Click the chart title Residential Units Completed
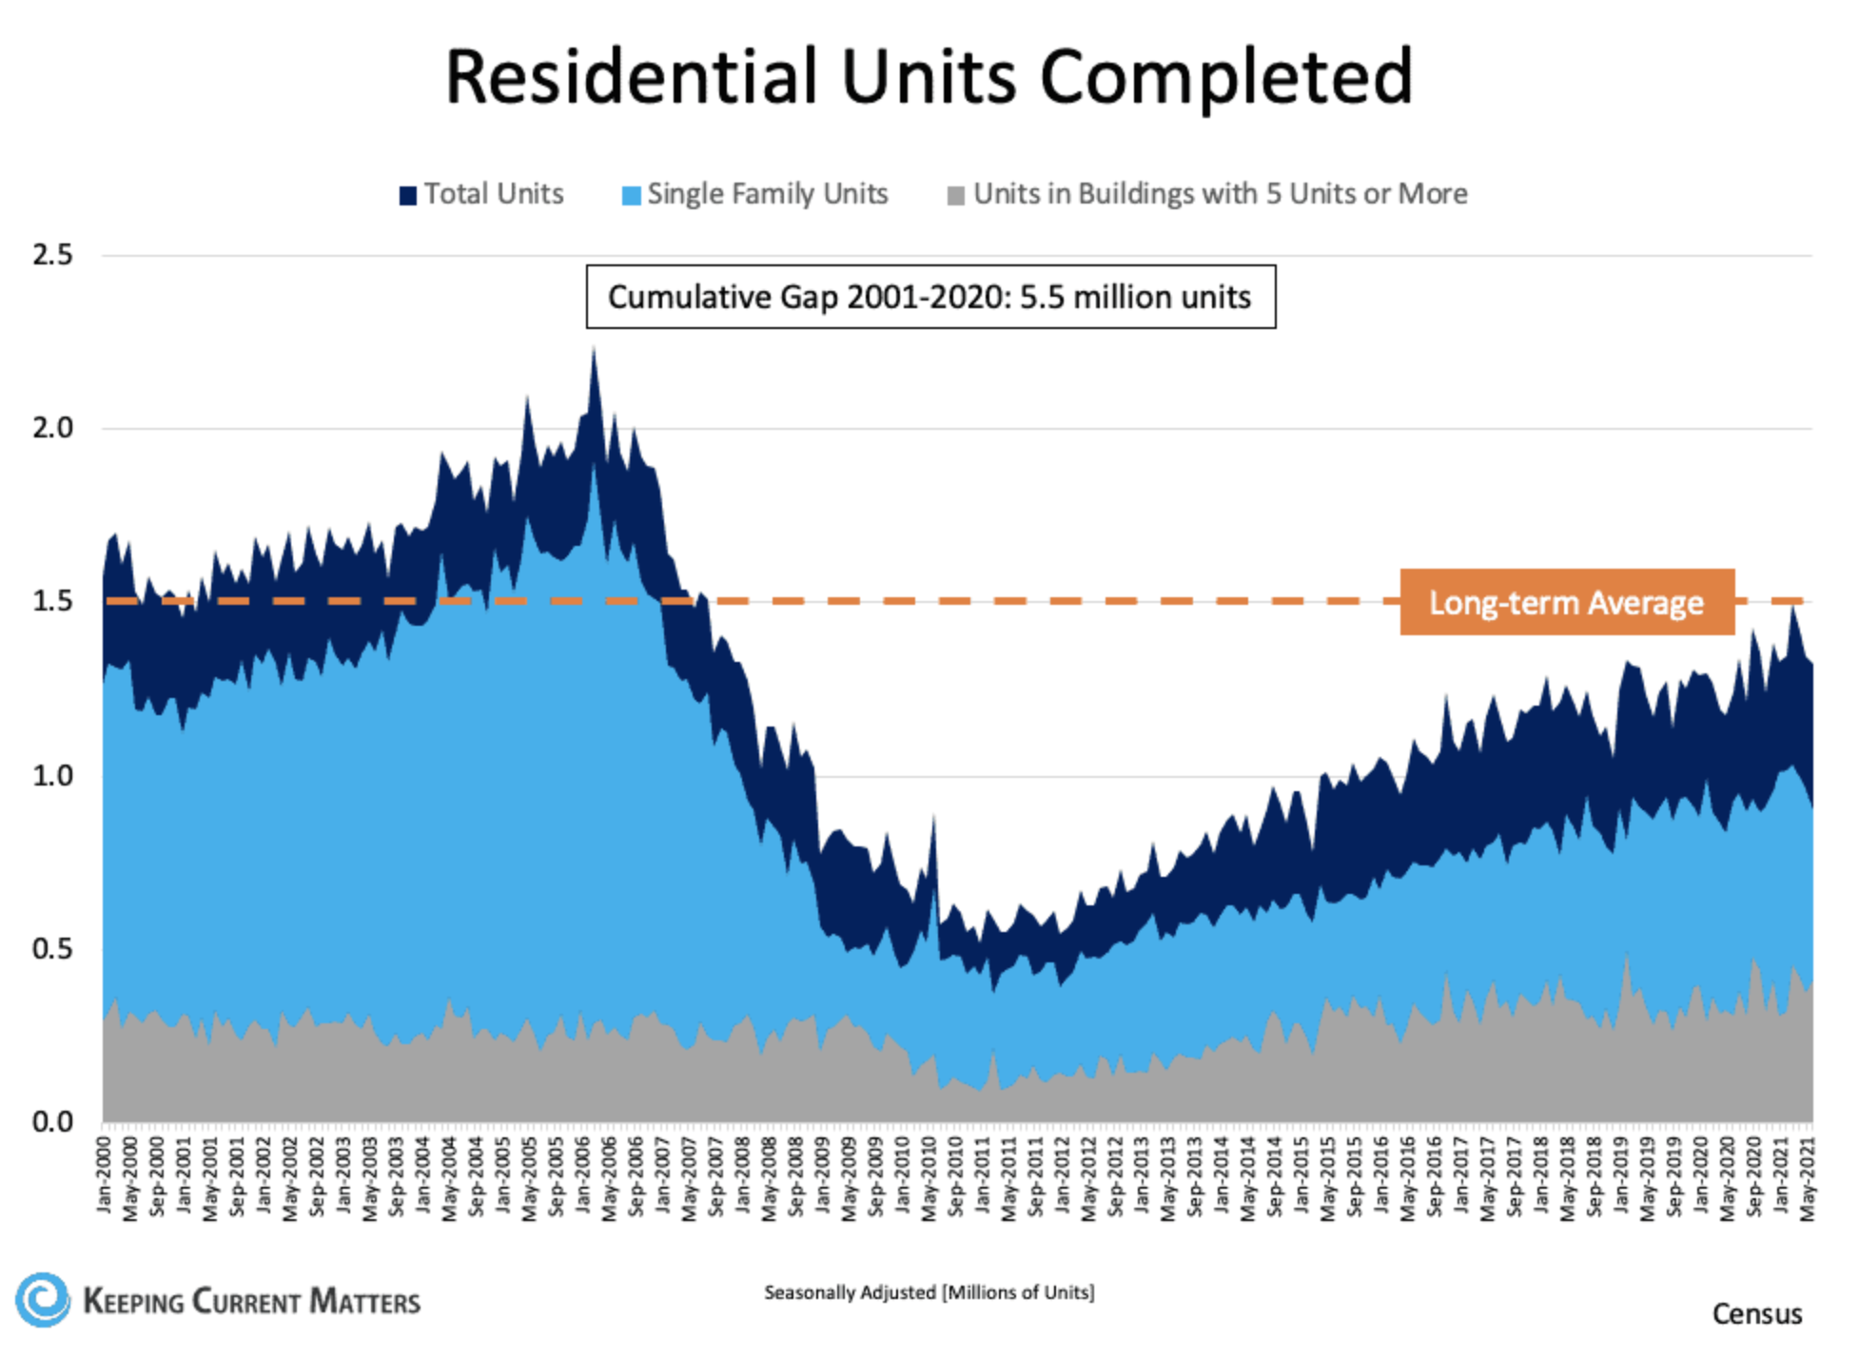(929, 76)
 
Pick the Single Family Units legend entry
(755, 194)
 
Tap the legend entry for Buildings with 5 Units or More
(1208, 194)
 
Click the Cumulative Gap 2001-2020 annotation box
(929, 297)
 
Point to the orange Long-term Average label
(1566, 602)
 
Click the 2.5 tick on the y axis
(52, 255)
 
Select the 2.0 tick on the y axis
(52, 428)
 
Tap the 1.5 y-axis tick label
(52, 601)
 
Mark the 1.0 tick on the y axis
(52, 775)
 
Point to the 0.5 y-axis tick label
(52, 948)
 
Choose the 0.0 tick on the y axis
(52, 1121)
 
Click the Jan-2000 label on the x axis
(105, 1175)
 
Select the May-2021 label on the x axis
(1809, 1179)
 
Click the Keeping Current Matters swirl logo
(42, 1299)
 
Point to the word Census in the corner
(1756, 1313)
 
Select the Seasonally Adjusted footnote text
(929, 1292)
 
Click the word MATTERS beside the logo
(365, 1301)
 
